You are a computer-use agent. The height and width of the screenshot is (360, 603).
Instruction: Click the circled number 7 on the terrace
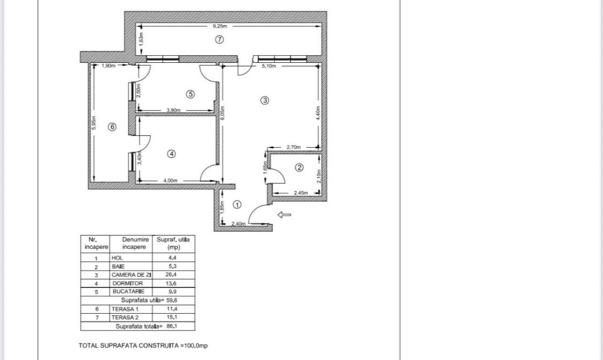[x=219, y=39]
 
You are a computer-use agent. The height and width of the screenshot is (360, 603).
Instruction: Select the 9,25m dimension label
[x=220, y=26]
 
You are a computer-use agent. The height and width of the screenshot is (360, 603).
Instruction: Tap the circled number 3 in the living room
[x=264, y=100]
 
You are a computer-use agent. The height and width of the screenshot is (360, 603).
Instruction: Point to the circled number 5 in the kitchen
[x=190, y=94]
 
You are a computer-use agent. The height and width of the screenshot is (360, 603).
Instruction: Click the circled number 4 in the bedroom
[x=171, y=154]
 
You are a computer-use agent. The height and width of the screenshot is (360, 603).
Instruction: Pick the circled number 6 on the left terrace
[x=112, y=127]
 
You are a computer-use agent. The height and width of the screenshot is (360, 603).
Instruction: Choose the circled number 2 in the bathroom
[x=299, y=168]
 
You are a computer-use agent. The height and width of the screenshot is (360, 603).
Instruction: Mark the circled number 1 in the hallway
[x=238, y=205]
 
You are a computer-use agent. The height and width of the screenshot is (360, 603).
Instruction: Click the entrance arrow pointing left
[x=284, y=215]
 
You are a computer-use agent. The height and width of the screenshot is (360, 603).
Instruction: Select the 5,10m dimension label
[x=269, y=66]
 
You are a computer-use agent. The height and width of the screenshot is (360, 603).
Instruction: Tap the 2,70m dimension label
[x=293, y=147]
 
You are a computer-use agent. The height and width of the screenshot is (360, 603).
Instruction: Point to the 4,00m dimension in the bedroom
[x=171, y=181]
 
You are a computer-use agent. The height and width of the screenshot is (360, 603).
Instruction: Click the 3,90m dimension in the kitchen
[x=174, y=110]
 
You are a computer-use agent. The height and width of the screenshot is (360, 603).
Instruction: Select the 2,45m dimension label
[x=301, y=193]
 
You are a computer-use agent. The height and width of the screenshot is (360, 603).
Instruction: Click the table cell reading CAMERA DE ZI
[x=131, y=275]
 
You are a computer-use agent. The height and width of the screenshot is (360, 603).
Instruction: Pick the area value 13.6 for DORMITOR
[x=173, y=283]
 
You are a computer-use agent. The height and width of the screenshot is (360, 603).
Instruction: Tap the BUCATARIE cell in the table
[x=128, y=291]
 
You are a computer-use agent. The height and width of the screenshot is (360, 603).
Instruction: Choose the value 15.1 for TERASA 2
[x=173, y=317]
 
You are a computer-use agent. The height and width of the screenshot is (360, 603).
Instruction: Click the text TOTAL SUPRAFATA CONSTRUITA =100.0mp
[x=143, y=345]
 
